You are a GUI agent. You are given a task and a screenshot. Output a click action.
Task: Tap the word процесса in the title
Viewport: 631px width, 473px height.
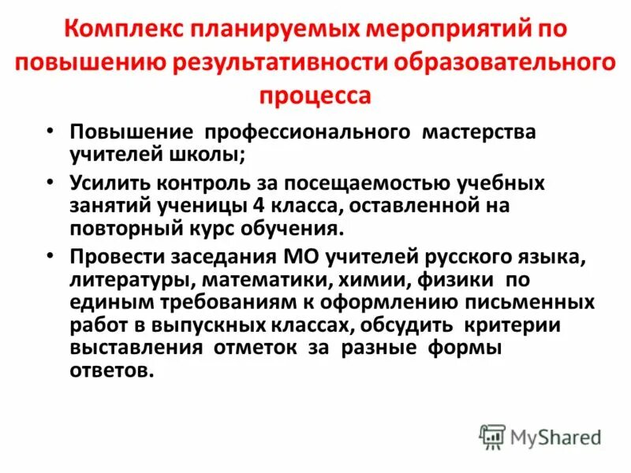(315, 95)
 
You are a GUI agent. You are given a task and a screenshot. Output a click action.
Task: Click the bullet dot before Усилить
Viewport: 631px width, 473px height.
(50, 182)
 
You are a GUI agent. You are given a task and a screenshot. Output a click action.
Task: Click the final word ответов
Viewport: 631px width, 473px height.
(108, 370)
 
